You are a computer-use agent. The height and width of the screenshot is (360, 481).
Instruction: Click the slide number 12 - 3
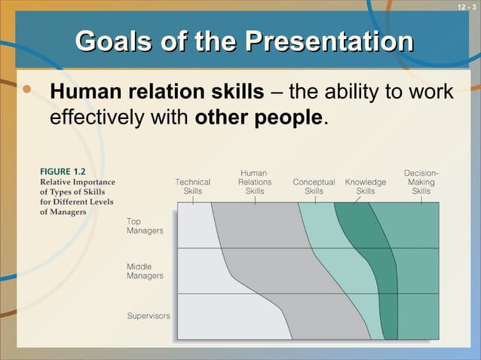click(467, 7)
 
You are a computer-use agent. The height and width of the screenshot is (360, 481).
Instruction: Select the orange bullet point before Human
click(28, 90)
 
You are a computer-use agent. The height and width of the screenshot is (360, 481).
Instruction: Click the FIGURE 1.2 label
click(63, 172)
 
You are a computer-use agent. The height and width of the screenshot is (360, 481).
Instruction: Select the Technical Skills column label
click(192, 186)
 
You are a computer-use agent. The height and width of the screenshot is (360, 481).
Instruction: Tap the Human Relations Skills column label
click(254, 182)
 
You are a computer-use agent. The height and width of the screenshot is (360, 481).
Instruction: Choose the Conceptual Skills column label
click(314, 186)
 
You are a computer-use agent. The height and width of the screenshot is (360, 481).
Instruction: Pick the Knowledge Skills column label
click(365, 186)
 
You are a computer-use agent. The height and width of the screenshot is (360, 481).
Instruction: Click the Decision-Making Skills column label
click(421, 182)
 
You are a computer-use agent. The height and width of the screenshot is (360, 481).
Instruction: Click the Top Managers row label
click(144, 226)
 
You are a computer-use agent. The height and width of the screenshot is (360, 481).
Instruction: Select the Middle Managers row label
click(144, 271)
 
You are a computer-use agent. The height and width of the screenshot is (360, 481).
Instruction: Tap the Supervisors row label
click(148, 315)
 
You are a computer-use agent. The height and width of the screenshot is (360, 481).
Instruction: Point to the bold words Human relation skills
click(157, 92)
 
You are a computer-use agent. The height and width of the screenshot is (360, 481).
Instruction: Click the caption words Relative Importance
click(77, 182)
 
